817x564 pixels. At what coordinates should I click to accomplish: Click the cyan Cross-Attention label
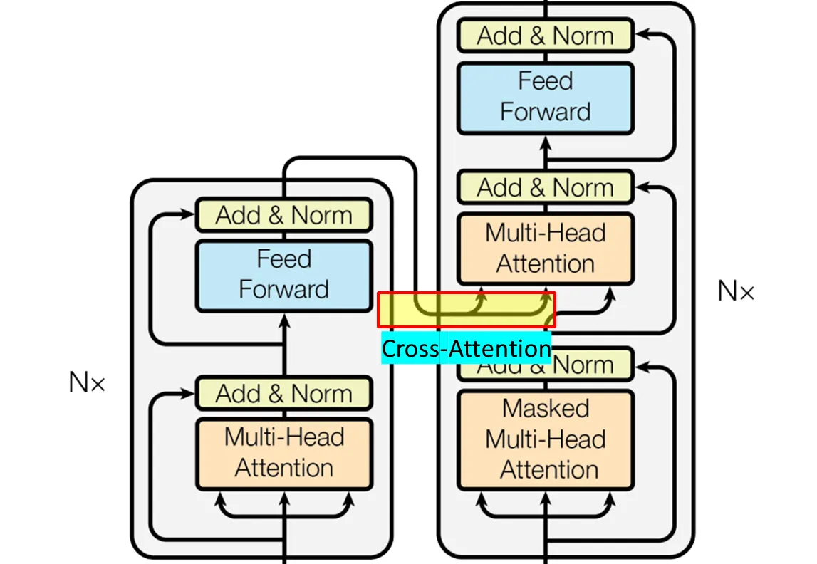[x=466, y=349]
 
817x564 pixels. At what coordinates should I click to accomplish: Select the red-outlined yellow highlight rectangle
[x=466, y=310]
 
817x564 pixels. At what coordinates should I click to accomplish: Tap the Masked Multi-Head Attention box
[x=545, y=439]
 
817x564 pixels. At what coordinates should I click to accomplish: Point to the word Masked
[x=546, y=408]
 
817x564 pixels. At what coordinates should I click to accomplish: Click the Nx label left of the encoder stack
[x=87, y=383]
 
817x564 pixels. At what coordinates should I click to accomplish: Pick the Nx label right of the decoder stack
[x=735, y=291]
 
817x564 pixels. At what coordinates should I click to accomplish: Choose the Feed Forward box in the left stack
[x=283, y=275]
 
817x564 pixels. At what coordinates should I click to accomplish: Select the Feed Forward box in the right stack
[x=545, y=97]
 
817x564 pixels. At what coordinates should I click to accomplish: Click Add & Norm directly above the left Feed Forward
[x=283, y=215]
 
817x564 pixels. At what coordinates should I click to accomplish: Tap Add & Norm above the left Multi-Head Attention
[x=283, y=393]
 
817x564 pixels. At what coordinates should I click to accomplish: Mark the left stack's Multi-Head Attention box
[x=283, y=453]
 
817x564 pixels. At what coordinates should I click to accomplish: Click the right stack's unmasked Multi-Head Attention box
[x=545, y=249]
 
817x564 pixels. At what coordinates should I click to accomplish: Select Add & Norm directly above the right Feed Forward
[x=545, y=35]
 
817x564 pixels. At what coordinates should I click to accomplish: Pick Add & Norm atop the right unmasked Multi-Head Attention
[x=545, y=187]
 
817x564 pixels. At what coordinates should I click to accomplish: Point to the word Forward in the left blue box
[x=283, y=290]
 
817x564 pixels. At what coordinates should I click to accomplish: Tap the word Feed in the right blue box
[x=545, y=81]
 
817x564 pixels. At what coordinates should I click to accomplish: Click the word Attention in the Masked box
[x=548, y=470]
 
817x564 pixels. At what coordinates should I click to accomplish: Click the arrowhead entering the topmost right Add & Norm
[x=641, y=33]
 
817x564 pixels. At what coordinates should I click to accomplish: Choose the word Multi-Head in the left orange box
[x=283, y=437]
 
